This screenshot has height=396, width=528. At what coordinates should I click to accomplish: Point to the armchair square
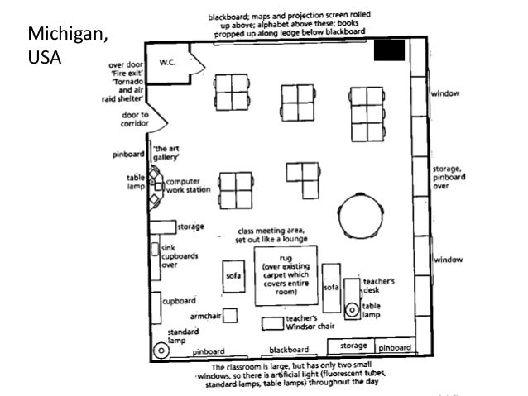229,316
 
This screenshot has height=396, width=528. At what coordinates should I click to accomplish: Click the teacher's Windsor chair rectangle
271,322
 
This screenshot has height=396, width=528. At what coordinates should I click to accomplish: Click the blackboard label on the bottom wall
289,350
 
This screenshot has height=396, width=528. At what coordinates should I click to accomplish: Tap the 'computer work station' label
186,185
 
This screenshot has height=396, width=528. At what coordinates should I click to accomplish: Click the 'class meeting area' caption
271,235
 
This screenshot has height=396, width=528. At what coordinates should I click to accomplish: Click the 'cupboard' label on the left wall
180,300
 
